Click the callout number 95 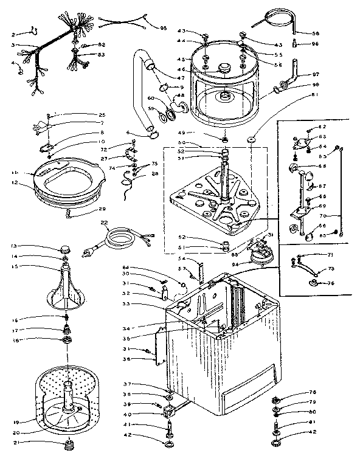coord(163,29)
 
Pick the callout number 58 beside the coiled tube coord(316,34)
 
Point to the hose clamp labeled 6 coord(151,134)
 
